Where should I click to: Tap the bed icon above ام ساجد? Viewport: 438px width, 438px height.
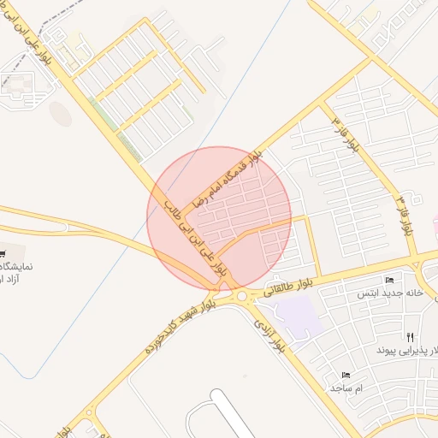pyautogui.click(x=346, y=376)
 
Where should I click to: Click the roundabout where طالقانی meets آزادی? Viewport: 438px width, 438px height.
pyautogui.click(x=243, y=296)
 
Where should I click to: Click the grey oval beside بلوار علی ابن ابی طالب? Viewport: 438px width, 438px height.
pyautogui.click(x=60, y=113)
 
